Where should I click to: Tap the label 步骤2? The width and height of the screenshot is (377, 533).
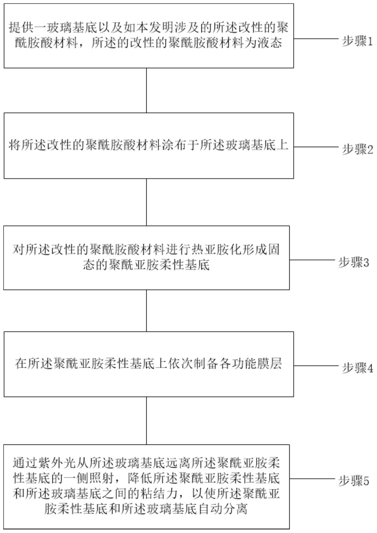pos(358,150)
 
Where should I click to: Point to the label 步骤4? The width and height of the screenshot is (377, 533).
pos(358,368)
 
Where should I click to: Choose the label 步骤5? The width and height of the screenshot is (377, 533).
pos(354,481)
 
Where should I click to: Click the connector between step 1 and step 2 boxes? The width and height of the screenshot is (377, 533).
pos(146,90)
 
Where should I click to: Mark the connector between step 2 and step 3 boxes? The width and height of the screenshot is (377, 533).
pos(146,202)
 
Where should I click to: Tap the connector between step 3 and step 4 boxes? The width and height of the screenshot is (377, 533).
pos(146,311)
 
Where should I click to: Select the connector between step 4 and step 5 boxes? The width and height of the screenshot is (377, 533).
pos(146,421)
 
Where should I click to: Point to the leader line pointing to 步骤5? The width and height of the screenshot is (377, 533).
pos(312,479)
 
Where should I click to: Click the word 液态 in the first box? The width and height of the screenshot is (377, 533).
pos(270,43)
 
